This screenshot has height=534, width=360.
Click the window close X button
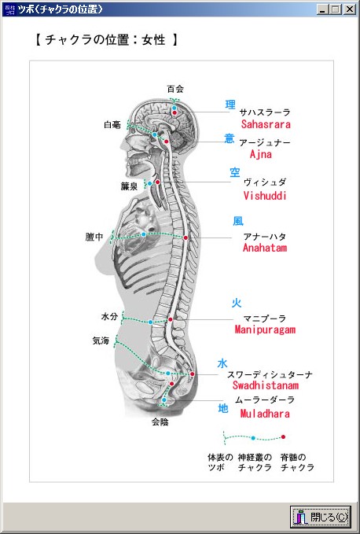click(349, 9)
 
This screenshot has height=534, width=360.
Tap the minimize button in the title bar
click(322, 9)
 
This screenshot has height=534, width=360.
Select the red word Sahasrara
click(266, 124)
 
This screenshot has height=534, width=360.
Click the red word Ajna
click(261, 154)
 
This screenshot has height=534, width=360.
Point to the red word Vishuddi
click(265, 196)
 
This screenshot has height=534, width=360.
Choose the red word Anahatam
click(265, 248)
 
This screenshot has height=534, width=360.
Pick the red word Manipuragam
click(265, 330)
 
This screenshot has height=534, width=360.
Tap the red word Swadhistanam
click(266, 385)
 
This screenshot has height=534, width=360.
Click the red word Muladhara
click(265, 414)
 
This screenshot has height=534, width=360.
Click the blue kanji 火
click(237, 303)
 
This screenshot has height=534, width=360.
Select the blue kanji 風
click(238, 221)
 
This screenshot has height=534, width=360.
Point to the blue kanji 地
click(223, 408)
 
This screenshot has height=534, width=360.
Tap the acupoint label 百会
click(175, 89)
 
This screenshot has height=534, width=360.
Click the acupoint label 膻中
click(94, 237)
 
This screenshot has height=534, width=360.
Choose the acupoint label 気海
click(101, 341)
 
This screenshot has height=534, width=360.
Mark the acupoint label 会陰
click(160, 422)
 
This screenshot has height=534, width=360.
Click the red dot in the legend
click(283, 437)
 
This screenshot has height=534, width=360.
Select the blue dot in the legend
click(253, 438)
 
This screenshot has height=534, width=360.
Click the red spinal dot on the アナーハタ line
click(186, 238)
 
